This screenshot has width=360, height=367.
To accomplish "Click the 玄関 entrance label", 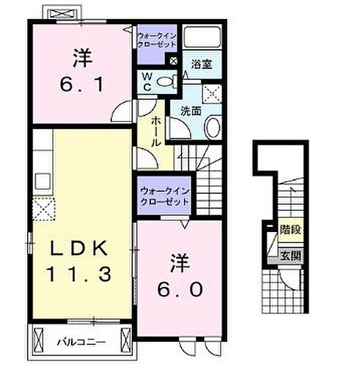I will [x=290, y=256].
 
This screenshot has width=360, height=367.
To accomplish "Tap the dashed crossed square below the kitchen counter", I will [x=44, y=210].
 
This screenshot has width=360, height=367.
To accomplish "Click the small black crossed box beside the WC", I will [x=174, y=62].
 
